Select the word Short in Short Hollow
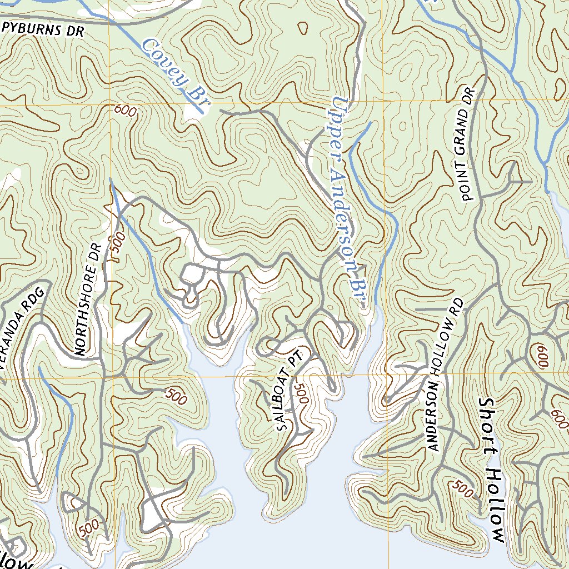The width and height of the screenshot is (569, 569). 487,427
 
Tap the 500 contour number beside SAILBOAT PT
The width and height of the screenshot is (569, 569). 301,393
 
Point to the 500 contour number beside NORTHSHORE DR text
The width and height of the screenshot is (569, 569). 116,247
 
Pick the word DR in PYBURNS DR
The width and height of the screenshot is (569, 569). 74,31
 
